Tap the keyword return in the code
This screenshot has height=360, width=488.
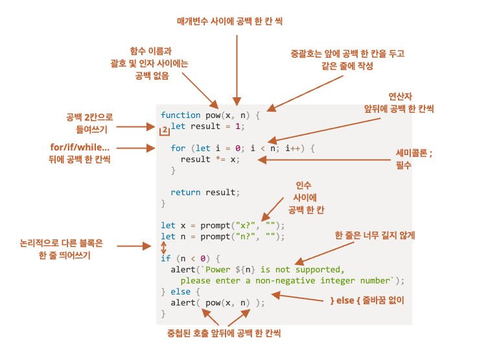(x=185, y=193)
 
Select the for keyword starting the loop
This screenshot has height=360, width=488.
(x=178, y=149)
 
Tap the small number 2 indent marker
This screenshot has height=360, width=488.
(x=165, y=130)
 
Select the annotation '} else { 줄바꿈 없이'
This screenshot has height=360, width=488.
(x=367, y=301)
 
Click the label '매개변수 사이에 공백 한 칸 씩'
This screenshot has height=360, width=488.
(x=230, y=21)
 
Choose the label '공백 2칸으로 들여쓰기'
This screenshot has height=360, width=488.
(x=89, y=123)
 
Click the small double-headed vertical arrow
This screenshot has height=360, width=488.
(x=163, y=247)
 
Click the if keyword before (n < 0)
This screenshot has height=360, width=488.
(x=165, y=258)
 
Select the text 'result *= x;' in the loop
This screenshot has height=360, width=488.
(x=210, y=159)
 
